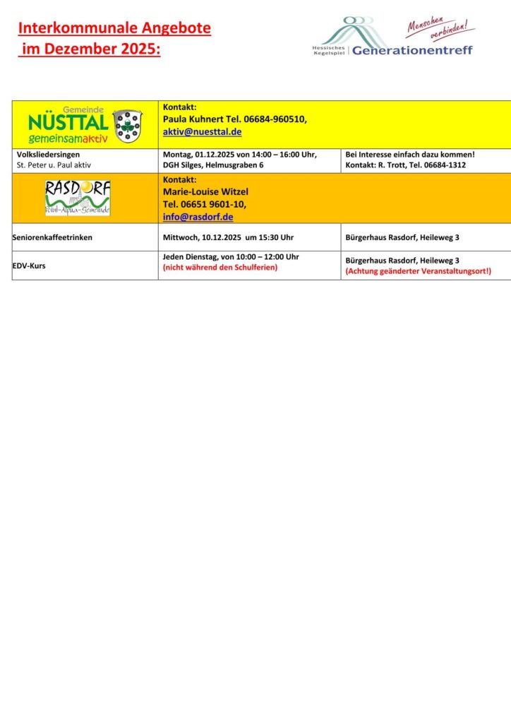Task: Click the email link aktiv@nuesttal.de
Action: [x=203, y=132]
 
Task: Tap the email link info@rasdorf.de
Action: [x=198, y=217]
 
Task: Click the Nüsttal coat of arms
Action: [x=127, y=125]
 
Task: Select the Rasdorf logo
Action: [x=78, y=198]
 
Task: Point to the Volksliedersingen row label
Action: [x=49, y=154]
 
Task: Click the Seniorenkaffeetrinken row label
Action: [x=53, y=237]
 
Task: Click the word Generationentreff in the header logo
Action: [x=412, y=50]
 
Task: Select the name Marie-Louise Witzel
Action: [x=205, y=191]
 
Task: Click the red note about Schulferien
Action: [x=220, y=268]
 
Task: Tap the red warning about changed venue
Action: [x=418, y=271]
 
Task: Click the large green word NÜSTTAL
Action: [x=68, y=123]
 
